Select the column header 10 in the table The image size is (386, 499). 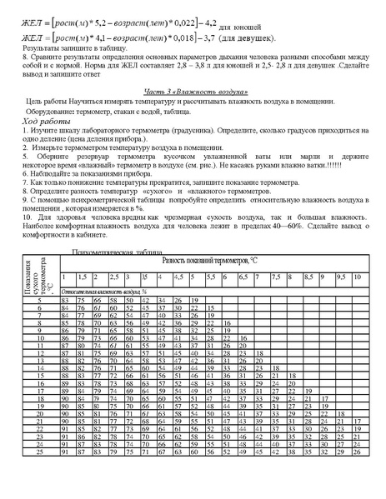pos(356,277)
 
